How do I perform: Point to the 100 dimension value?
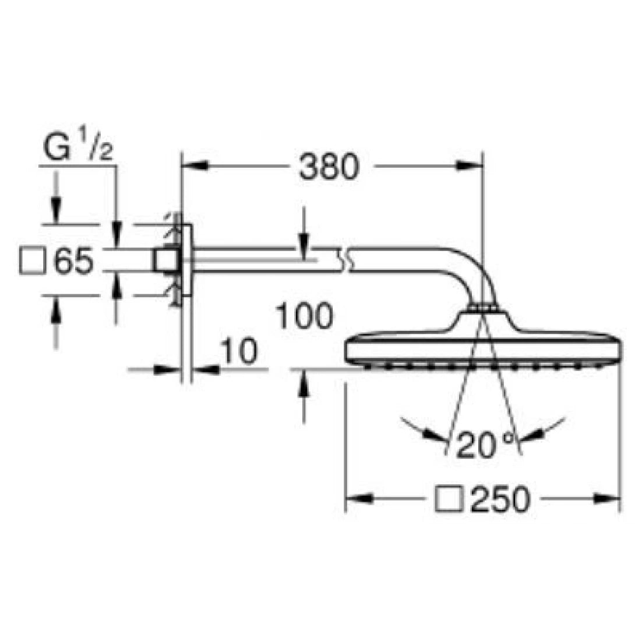click(x=304, y=317)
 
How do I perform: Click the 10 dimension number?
click(x=239, y=352)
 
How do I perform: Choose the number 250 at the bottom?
click(x=500, y=499)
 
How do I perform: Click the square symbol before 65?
click(x=33, y=261)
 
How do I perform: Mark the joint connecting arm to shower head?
click(x=482, y=306)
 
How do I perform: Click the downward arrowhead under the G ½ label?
click(x=57, y=209)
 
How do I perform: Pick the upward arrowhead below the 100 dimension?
click(x=304, y=384)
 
